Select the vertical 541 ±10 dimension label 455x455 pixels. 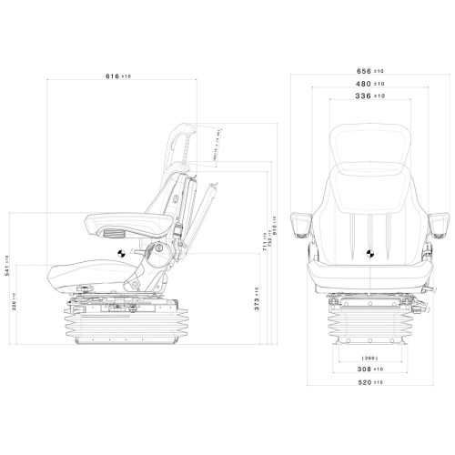point(9,270)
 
